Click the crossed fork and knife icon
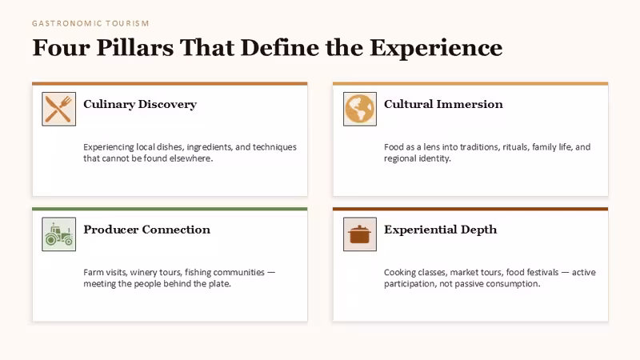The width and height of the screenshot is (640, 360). [x=58, y=109]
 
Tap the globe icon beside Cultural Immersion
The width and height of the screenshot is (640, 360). [x=359, y=109]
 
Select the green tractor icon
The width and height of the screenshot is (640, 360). [x=58, y=234]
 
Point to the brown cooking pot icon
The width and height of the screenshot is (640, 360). [x=359, y=234]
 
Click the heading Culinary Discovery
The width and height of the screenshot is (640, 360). [x=140, y=105]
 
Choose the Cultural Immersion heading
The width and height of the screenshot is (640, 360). [x=443, y=104]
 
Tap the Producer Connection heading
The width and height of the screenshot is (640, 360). [x=147, y=230]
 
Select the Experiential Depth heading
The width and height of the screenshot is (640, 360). [x=441, y=230]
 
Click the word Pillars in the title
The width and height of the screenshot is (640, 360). [x=134, y=47]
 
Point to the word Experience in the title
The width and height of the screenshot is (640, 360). [x=436, y=48]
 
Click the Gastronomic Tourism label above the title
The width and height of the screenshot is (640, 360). [x=90, y=24]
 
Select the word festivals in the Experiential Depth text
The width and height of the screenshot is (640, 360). [x=542, y=272]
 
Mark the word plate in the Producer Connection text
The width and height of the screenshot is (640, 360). [x=220, y=284]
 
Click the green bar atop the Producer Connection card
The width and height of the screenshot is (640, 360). [x=170, y=209]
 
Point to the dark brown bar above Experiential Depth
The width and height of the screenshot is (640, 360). [x=470, y=209]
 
